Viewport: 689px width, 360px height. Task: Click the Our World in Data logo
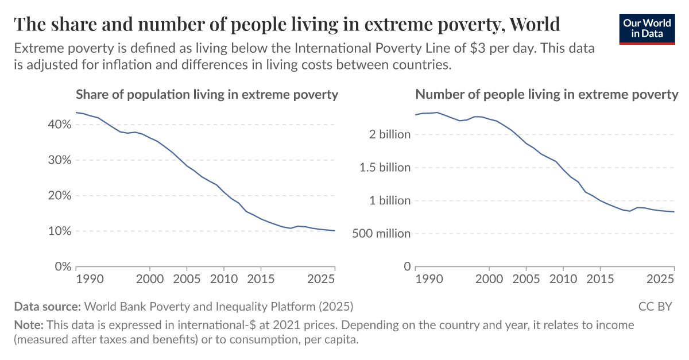647,28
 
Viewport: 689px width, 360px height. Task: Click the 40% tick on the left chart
59,125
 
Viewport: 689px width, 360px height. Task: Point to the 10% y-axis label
59,231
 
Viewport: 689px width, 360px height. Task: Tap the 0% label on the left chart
62,267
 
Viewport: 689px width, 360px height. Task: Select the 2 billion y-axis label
390,135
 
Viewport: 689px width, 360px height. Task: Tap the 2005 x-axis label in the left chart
187,280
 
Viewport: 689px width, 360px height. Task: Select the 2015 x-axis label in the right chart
599,280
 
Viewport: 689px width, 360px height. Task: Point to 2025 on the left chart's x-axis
322,280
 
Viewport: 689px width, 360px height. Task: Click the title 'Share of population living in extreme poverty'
207,95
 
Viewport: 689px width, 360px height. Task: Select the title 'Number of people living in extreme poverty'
547,95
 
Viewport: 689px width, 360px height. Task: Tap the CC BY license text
655,306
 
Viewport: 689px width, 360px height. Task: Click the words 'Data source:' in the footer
48,306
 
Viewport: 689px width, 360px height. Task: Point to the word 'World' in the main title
535,24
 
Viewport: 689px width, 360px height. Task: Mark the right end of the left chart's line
335,231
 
